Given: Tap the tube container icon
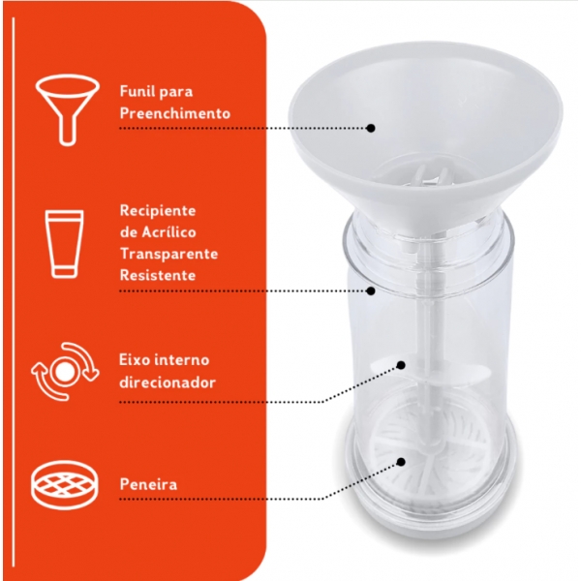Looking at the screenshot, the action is tap(64, 243).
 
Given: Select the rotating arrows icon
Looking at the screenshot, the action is tap(65, 371).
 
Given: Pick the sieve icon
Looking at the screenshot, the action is tap(65, 484).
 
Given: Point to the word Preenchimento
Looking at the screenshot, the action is tap(175, 113).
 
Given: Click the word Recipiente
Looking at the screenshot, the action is tap(158, 211).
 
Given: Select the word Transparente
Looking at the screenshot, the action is tap(168, 254).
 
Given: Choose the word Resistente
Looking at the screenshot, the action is tap(158, 275).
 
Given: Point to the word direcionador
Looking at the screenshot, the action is tap(168, 382).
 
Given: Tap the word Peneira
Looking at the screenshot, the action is tap(148, 484).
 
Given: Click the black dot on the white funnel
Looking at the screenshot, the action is tap(371, 128).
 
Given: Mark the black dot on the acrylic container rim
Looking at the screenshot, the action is tap(371, 290).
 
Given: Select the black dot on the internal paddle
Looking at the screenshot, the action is tap(401, 365).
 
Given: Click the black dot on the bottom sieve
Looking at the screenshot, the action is tap(401, 462).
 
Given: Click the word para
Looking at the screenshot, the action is tap(176, 93).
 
